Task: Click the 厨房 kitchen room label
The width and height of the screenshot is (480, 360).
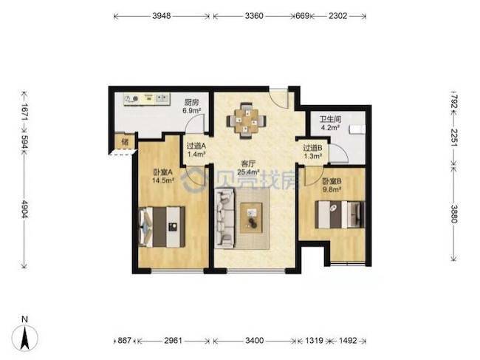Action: tap(191, 102)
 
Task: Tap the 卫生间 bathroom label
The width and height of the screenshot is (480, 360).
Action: tap(330, 119)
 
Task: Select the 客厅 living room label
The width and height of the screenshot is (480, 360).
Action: tap(248, 164)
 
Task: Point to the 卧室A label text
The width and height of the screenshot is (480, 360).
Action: tap(163, 172)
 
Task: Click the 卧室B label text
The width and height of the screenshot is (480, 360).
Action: tap(332, 182)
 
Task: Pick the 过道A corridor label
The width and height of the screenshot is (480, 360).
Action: tap(196, 146)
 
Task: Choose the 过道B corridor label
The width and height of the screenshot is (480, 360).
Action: tap(312, 148)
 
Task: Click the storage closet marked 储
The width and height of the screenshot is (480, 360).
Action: tap(125, 142)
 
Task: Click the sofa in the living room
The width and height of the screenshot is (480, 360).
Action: tap(224, 218)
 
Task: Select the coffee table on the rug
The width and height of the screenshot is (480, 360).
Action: tap(251, 218)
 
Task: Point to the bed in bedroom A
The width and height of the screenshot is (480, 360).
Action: tap(162, 227)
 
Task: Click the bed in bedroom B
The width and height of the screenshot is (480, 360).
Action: tap(340, 214)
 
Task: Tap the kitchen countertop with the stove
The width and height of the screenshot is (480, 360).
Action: tap(147, 99)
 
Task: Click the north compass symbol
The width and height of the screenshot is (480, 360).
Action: tap(25, 337)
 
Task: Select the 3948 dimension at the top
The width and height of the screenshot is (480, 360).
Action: tap(161, 16)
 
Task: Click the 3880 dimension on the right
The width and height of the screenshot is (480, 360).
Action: tap(454, 214)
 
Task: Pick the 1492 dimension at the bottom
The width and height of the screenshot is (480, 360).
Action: tap(348, 340)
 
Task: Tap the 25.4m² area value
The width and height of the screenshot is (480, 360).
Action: tap(249, 172)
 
